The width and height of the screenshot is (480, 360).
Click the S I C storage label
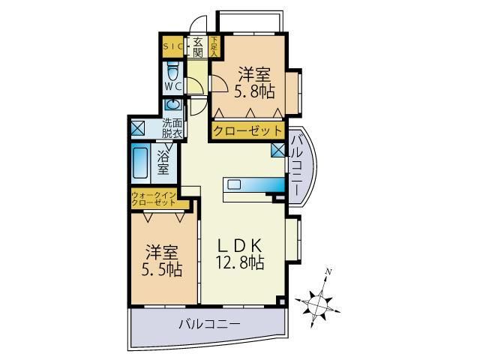172,46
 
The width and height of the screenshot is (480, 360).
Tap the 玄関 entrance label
198,46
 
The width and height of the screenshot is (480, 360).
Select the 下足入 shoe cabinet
214,46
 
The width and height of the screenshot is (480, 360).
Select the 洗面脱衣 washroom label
173,128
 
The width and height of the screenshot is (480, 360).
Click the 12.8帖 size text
241,263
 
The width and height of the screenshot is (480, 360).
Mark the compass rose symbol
319,299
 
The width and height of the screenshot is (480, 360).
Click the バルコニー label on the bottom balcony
208,325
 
